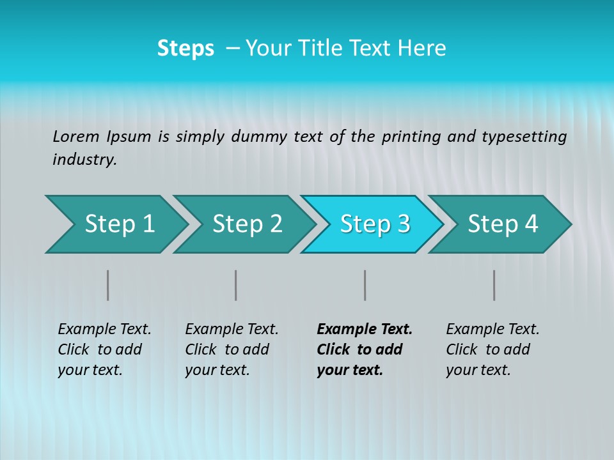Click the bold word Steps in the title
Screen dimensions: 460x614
pyautogui.click(x=185, y=49)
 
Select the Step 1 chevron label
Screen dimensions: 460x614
pyautogui.click(x=120, y=224)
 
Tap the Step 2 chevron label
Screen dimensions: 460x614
pyautogui.click(x=248, y=224)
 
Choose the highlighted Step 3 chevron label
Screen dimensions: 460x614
pyautogui.click(x=375, y=224)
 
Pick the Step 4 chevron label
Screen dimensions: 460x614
pyautogui.click(x=503, y=224)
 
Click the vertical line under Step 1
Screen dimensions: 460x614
pyautogui.click(x=108, y=285)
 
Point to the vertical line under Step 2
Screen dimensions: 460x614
pyautogui.click(x=236, y=285)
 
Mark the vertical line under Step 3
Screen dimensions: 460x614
pyautogui.click(x=365, y=285)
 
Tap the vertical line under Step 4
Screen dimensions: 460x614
pyautogui.click(x=494, y=285)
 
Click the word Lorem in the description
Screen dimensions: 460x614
pyautogui.click(x=76, y=137)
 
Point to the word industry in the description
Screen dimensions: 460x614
pyautogui.click(x=84, y=160)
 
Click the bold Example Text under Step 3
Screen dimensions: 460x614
pyautogui.click(x=365, y=330)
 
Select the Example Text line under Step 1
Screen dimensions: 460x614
pyautogui.click(x=104, y=330)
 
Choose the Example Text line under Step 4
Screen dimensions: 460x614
pyautogui.click(x=492, y=330)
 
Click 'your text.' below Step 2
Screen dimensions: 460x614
pyautogui.click(x=217, y=370)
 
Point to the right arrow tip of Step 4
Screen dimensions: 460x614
pyautogui.click(x=569, y=224)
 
